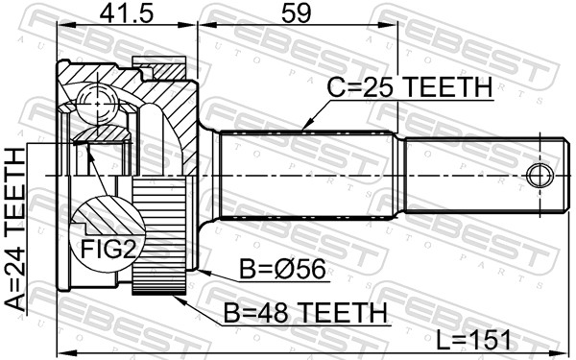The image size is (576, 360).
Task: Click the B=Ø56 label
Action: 287,272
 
